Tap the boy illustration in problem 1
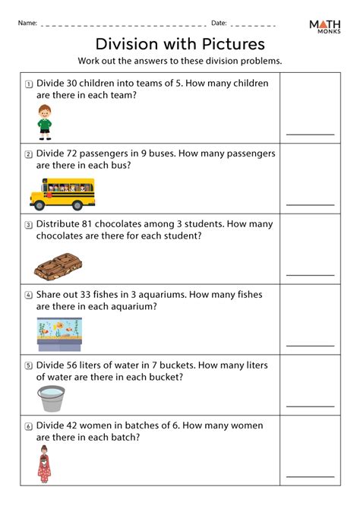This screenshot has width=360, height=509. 45,122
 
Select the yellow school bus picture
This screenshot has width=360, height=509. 62,194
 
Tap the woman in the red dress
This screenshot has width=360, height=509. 44,464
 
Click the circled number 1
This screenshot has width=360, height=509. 28,85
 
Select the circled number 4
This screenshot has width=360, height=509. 28,294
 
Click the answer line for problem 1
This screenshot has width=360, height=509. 310,134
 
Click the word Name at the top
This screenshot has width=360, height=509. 27,24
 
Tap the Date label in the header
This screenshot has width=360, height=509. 219,24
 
